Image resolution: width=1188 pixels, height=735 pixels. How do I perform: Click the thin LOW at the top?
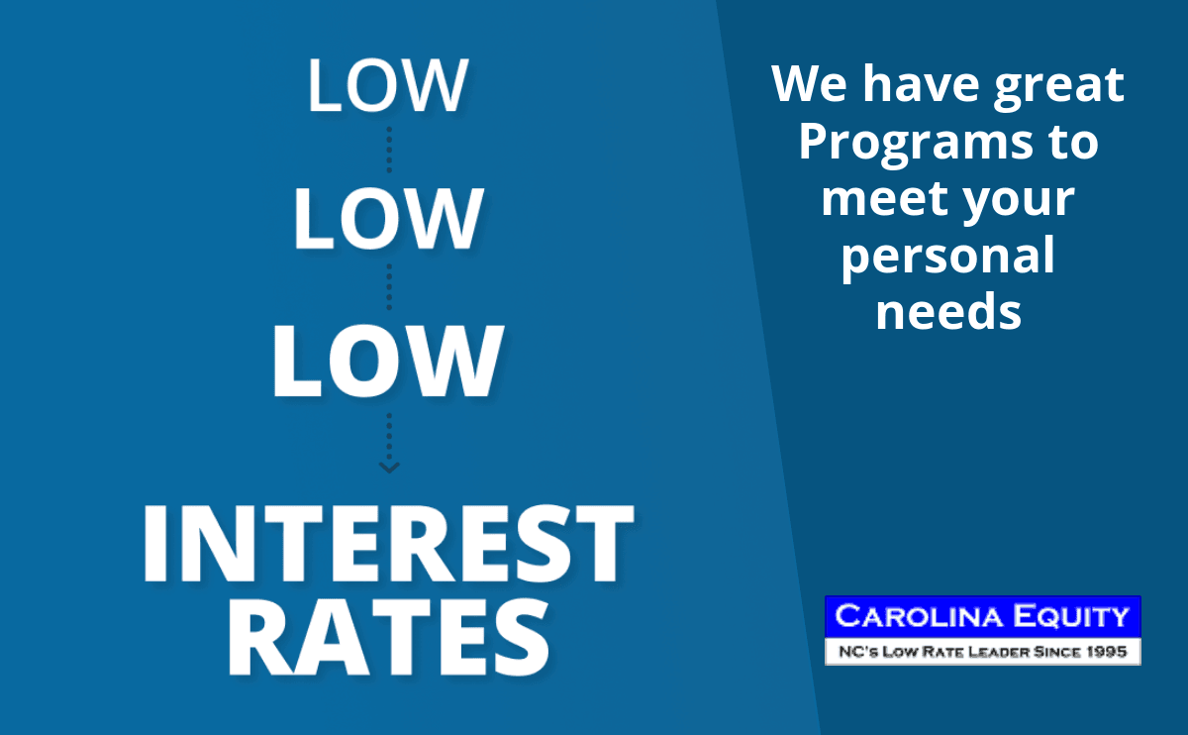point(388,85)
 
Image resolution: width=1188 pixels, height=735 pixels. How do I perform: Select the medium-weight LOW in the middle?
point(388,218)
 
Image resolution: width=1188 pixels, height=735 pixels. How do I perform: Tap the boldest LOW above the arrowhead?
point(387,361)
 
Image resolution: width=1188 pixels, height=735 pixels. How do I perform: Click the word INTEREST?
point(388,544)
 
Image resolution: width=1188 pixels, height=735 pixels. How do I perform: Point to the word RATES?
point(389,637)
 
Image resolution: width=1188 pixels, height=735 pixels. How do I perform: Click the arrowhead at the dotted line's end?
point(389,467)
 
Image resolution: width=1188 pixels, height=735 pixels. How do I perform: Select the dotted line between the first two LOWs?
point(389,150)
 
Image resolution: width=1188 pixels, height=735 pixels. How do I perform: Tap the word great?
point(1058,87)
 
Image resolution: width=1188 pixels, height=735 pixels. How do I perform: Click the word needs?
point(948,312)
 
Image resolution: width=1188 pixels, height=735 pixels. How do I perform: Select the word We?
point(810,84)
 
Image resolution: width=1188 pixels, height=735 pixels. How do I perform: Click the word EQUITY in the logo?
point(1070,616)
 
